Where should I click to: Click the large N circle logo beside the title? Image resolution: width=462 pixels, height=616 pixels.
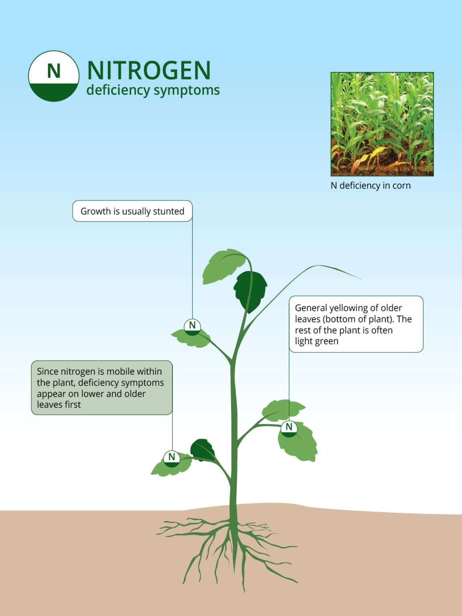click(53, 76)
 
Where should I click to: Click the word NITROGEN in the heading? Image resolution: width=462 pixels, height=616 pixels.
click(149, 71)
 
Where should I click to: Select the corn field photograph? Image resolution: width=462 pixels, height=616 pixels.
click(382, 124)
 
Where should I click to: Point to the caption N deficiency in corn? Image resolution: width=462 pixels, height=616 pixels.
click(371, 186)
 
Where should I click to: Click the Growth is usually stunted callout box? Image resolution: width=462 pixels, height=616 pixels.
click(132, 211)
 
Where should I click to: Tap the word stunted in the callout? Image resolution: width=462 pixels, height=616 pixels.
click(168, 211)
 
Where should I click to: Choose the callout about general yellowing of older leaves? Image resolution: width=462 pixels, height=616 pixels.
click(356, 324)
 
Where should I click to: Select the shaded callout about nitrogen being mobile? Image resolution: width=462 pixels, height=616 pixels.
click(102, 387)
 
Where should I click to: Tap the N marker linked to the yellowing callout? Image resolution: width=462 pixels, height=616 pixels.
click(289, 428)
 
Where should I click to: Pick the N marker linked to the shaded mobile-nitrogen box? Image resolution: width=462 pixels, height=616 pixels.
click(172, 458)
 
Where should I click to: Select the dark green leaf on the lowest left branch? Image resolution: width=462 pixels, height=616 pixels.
click(203, 450)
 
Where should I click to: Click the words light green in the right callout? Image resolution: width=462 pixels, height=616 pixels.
click(316, 341)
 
